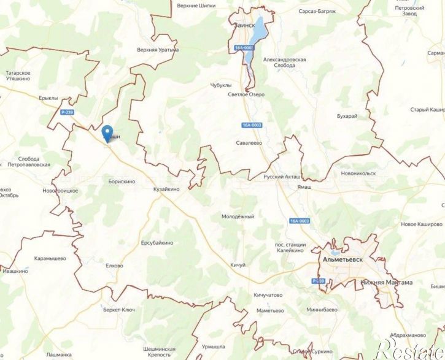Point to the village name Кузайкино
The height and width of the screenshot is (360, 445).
tap(166, 190)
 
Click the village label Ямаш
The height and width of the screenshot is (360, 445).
tap(304, 186)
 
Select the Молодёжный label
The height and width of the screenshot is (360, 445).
tap(238, 216)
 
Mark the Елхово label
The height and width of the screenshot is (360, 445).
tap(114, 266)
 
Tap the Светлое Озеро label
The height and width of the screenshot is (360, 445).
tap(246, 94)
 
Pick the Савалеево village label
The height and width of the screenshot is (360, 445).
tap(249, 143)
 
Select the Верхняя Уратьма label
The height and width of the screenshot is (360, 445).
tap(158, 50)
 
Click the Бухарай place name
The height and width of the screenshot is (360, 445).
tap(347, 115)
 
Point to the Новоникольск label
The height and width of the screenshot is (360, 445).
tap(358, 173)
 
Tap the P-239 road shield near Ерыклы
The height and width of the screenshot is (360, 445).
tap(68, 112)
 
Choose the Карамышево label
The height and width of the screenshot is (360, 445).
tap(50, 258)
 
